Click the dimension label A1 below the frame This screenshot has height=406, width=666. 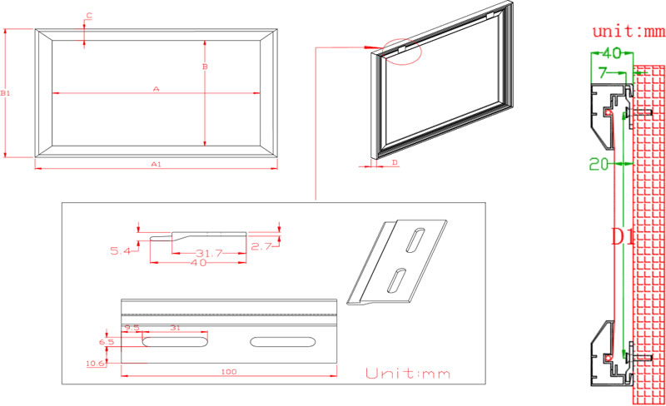[x=156, y=165]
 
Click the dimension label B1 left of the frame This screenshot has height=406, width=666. [x=5, y=93]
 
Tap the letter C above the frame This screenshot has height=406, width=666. [x=89, y=16]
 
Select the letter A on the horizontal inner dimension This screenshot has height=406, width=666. [x=156, y=88]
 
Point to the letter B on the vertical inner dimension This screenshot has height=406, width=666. [x=205, y=66]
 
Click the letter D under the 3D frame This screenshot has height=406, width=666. [x=394, y=162]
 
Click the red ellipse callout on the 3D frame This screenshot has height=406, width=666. [x=403, y=52]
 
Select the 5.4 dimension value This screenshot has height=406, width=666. [x=122, y=250]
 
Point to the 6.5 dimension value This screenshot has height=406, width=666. [x=107, y=342]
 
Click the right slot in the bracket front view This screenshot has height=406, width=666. [x=283, y=342]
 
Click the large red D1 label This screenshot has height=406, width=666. [x=623, y=237]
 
